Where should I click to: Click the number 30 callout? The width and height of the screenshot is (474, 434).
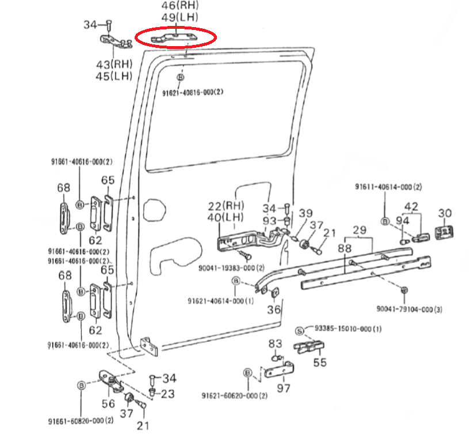click(445, 213)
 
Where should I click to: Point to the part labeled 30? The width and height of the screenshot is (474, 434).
click(445, 233)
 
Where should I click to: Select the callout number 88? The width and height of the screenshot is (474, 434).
click(345, 248)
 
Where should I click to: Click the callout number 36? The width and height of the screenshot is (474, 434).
click(274, 310)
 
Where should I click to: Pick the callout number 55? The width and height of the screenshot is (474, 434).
click(319, 363)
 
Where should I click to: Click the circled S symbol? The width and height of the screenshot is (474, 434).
click(299, 330)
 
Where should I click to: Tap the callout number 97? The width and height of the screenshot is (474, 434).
click(284, 388)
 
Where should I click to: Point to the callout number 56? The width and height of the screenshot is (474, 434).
click(108, 403)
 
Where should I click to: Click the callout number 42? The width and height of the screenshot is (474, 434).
click(411, 206)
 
